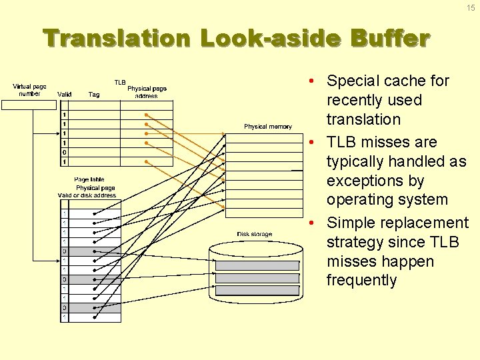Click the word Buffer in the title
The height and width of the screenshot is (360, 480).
(x=391, y=39)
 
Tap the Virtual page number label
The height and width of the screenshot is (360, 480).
(x=29, y=90)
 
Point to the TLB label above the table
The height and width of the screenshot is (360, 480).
(x=120, y=83)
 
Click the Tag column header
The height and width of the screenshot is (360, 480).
(x=94, y=95)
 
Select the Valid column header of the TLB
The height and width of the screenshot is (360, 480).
(x=65, y=95)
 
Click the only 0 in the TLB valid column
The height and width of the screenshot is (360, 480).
(x=64, y=153)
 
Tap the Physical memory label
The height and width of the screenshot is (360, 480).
(x=267, y=127)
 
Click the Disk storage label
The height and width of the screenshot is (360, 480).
(x=255, y=234)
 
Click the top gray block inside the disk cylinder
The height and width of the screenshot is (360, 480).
(x=257, y=265)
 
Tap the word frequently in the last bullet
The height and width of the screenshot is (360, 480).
(x=361, y=280)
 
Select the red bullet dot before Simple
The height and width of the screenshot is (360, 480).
(x=311, y=223)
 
